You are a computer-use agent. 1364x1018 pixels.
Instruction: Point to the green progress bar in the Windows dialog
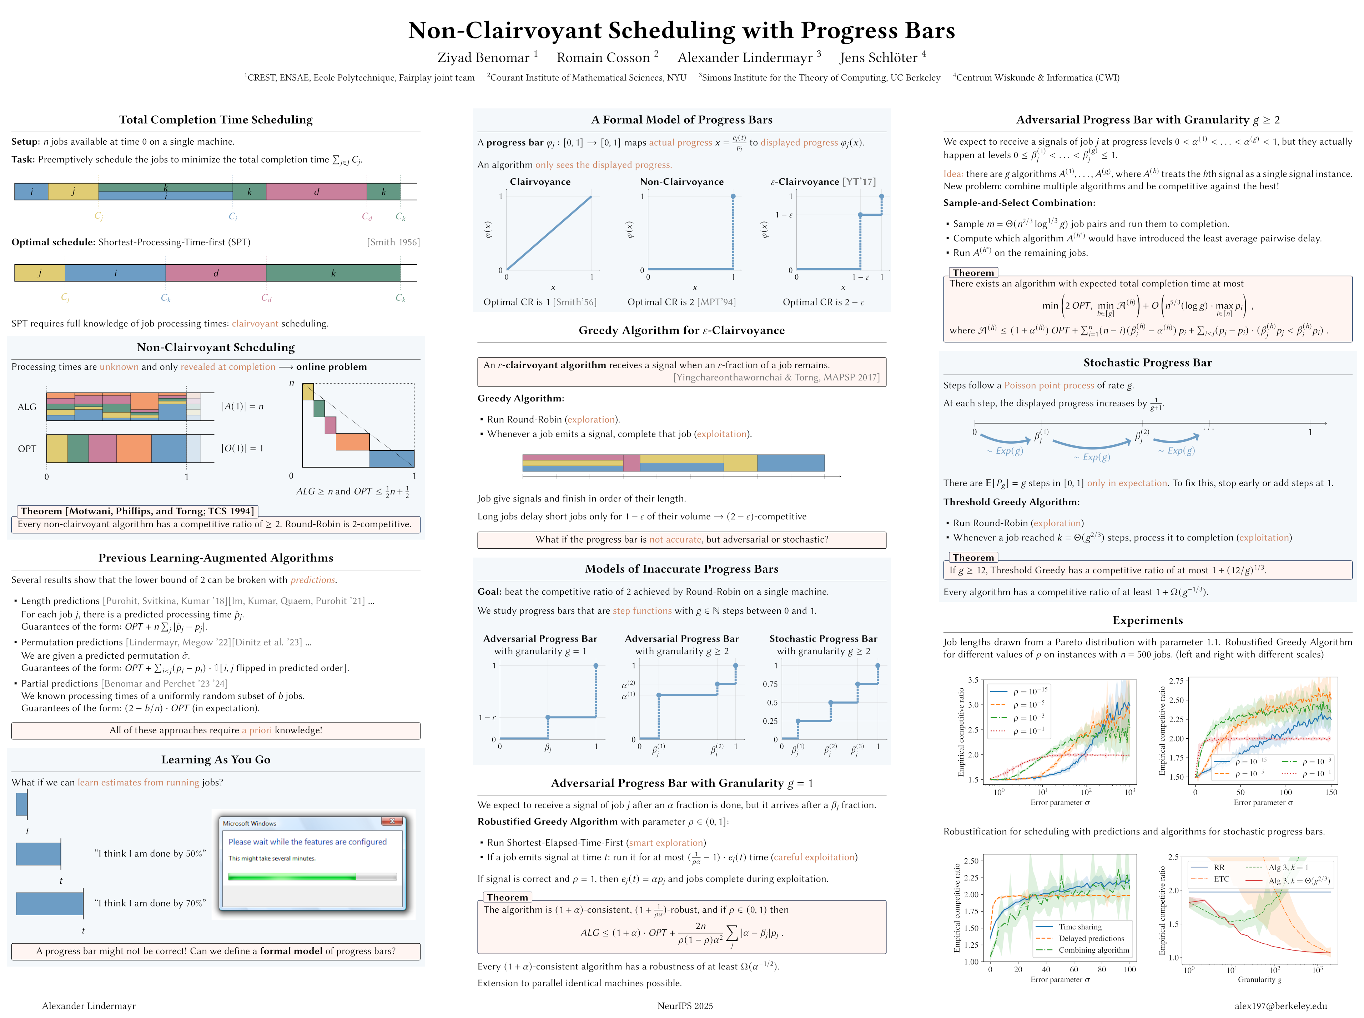292,876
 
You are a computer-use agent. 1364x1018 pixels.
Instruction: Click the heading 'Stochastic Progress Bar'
1147,363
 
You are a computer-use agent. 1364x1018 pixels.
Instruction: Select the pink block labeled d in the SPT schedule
216,273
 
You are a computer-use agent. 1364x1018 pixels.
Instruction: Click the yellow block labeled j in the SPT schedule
39,273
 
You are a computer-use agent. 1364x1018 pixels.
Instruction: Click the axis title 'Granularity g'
1259,980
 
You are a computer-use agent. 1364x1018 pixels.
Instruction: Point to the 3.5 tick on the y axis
973,680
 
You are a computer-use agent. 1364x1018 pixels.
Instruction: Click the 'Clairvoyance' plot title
540,182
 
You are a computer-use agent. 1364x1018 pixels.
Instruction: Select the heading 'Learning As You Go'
216,760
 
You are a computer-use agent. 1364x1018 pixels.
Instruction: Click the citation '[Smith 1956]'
393,242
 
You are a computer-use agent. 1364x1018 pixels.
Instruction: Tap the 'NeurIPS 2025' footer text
685,1005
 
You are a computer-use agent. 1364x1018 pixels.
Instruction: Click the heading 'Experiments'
1147,620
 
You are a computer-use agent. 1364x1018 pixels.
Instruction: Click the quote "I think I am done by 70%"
150,903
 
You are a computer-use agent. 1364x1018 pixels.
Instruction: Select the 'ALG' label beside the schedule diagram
27,407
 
